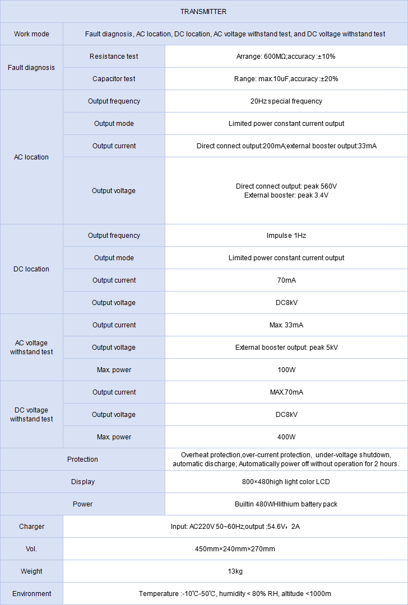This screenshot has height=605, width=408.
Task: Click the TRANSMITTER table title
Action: point(203,12)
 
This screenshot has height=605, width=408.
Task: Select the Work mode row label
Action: point(31,34)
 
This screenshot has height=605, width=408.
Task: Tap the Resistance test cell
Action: point(114,57)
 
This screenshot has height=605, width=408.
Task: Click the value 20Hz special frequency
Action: point(286,101)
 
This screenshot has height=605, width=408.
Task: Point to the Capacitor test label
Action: point(114,79)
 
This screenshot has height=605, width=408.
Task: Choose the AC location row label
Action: point(31,157)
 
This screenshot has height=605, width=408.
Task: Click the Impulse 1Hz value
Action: point(286,236)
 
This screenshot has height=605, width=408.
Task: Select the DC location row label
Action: point(31,269)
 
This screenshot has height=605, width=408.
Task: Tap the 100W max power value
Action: point(286,370)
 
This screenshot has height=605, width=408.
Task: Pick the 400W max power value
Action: point(286,437)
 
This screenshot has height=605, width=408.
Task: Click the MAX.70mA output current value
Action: point(286,392)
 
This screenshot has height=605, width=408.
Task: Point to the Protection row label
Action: point(82,459)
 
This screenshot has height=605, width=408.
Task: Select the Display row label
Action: point(82,482)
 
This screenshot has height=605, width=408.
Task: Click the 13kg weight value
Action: point(235,571)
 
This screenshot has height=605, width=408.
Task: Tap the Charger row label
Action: point(31,527)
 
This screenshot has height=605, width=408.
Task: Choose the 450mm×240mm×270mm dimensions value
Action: point(235,549)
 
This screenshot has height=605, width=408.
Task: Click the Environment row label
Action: point(31,594)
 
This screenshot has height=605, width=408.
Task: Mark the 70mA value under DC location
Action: point(286,280)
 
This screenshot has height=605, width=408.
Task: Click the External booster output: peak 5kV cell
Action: point(286,348)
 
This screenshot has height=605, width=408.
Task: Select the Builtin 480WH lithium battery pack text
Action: point(286,504)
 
